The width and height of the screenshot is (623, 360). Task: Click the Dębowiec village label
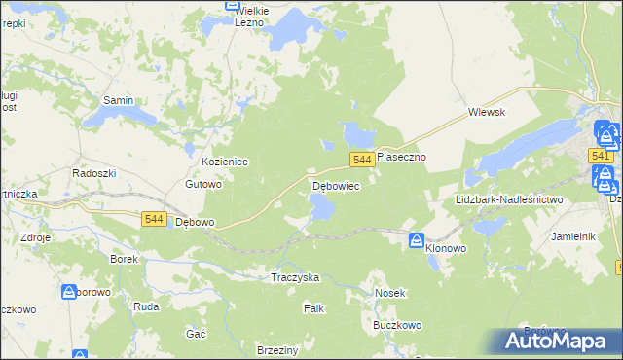[x=336, y=185]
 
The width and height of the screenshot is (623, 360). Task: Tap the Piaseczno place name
[x=403, y=156]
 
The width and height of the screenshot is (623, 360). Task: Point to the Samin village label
[x=118, y=100]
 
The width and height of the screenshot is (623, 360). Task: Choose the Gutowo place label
[x=204, y=184]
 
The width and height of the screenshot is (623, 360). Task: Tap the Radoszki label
[x=94, y=172]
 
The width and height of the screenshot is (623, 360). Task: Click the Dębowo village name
[x=194, y=222]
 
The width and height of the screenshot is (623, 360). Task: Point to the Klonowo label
[x=446, y=249]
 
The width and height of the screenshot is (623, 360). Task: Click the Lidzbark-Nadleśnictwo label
[x=509, y=199]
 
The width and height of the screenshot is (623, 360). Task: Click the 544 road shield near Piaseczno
[x=362, y=160]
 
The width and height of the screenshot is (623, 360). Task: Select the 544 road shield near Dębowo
[x=153, y=220]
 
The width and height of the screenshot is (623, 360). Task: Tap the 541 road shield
[x=601, y=156]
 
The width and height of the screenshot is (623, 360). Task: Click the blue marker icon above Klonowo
[x=416, y=239]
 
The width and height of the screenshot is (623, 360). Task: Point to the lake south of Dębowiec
[x=321, y=206]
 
